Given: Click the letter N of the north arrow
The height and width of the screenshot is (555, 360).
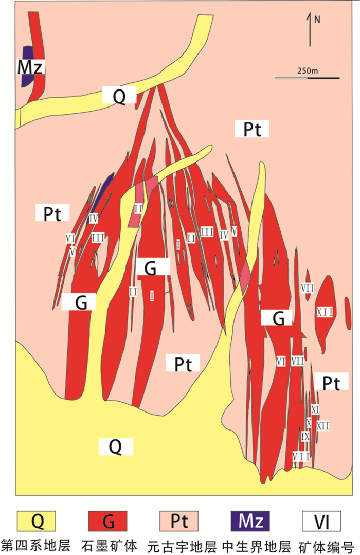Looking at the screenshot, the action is [x=317, y=20].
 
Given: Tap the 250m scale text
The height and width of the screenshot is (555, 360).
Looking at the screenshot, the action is [x=308, y=70].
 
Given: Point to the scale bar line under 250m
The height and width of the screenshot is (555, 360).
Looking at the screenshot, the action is [x=307, y=78].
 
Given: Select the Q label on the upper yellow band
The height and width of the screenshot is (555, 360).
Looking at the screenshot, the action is [x=119, y=96].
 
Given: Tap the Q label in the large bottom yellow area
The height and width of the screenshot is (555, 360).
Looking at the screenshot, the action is [x=115, y=446].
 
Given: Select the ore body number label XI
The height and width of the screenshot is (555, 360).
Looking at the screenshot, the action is [x=316, y=408].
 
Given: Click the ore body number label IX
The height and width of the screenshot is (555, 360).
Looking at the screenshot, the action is [x=305, y=436].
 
